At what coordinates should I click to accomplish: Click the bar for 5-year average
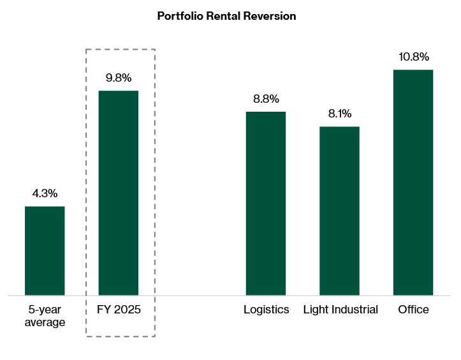45,251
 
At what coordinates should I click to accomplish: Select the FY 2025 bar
118,193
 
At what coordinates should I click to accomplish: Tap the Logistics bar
266,204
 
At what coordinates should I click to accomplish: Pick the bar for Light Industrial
339,211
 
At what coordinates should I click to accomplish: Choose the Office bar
413,183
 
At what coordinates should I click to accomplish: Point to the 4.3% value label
45,193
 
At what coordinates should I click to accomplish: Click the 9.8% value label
118,78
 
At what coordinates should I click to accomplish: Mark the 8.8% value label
266,99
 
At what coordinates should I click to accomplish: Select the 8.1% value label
339,114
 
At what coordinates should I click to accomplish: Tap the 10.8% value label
413,57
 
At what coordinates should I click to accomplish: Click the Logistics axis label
266,310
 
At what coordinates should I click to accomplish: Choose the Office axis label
413,310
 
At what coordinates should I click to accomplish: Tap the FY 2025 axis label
118,310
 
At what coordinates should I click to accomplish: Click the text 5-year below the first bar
45,310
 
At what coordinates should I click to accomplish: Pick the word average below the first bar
45,322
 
